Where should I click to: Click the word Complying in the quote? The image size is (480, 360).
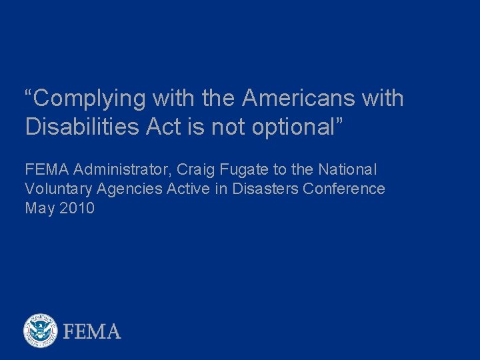[x=89, y=99]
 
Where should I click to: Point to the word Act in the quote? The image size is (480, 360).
[x=163, y=127]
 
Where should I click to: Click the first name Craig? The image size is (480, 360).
[x=195, y=170]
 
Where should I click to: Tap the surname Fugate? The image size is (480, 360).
[x=243, y=170]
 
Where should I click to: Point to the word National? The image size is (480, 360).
[x=347, y=170]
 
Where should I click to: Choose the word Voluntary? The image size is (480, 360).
[x=58, y=189]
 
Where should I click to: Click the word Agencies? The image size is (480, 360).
[x=129, y=189]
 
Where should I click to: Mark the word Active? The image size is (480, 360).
[x=189, y=189]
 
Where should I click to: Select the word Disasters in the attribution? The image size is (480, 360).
[x=265, y=189]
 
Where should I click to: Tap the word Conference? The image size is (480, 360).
[x=344, y=189]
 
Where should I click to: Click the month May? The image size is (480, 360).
[x=39, y=209]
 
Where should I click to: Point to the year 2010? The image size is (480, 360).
[x=77, y=209]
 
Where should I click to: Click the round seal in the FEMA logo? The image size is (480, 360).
[x=41, y=331]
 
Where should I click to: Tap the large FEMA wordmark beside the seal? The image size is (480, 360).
[x=92, y=331]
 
